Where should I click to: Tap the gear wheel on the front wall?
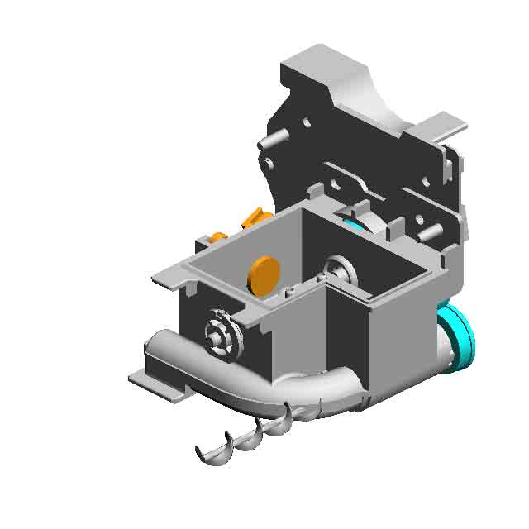pos(222,334)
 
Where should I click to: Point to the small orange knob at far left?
pos(217,237)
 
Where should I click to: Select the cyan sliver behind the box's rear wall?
pos(354,223)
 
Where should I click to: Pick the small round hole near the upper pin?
pos(307,123)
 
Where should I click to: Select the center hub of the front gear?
pos(217,334)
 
